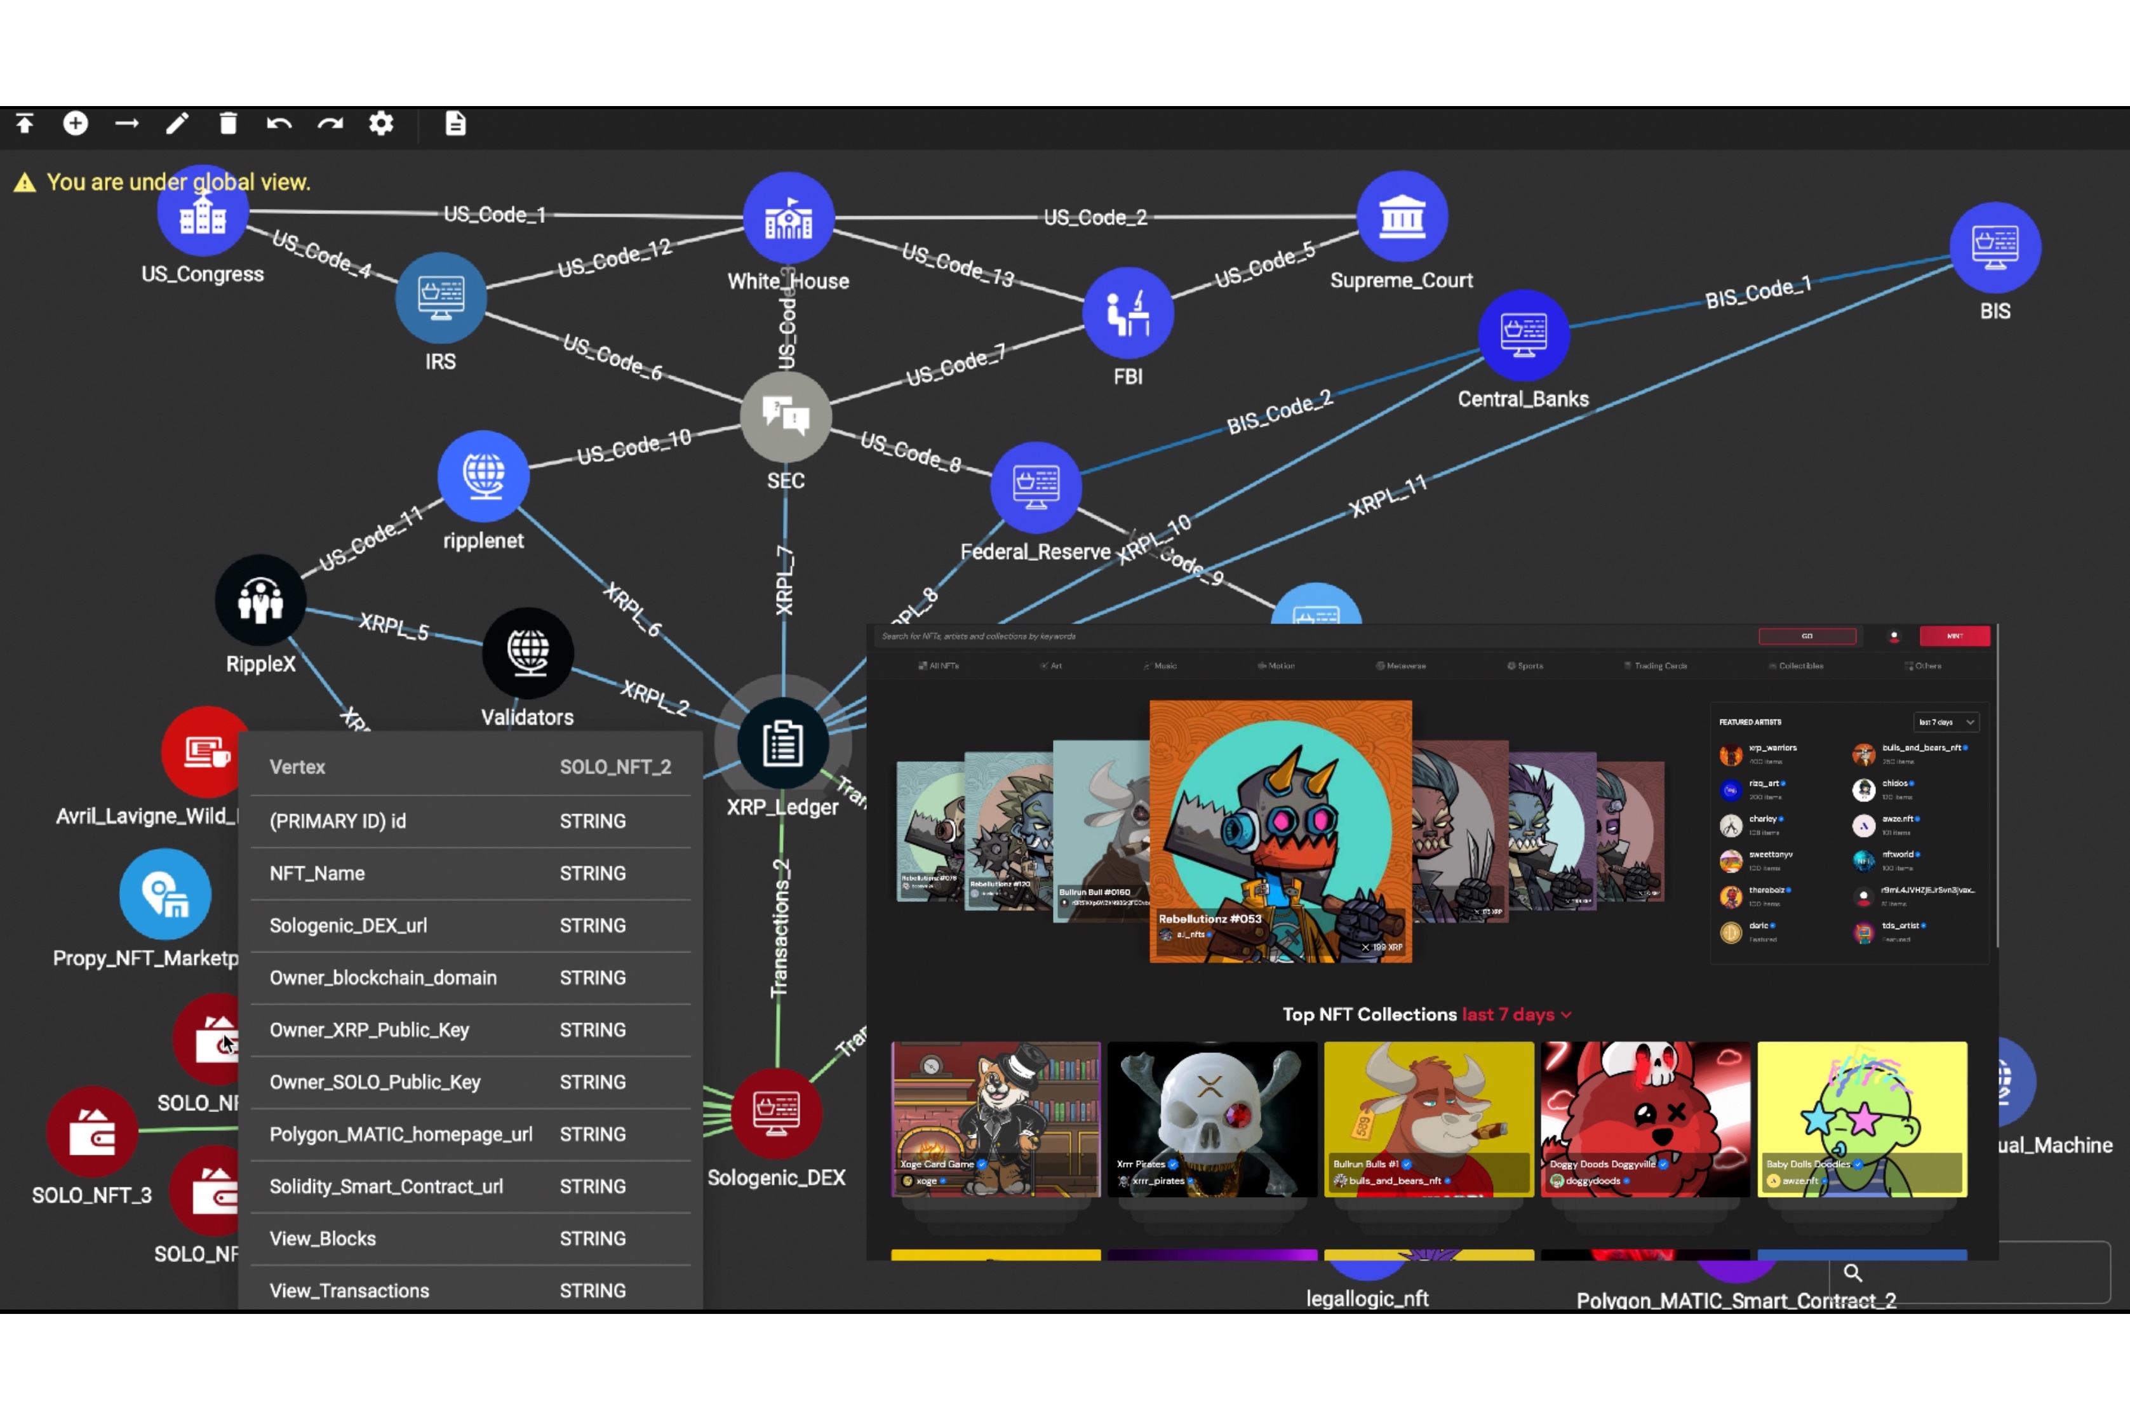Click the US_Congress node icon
point(202,214)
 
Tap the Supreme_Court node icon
point(1401,217)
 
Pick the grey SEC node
point(785,417)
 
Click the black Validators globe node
point(528,652)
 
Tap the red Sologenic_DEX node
point(776,1113)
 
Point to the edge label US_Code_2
point(1095,217)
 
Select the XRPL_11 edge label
point(1388,495)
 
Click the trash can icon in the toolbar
point(228,123)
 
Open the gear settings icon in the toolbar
point(381,123)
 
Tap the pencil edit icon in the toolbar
point(178,123)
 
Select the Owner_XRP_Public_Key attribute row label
point(368,1029)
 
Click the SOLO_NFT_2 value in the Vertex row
point(615,767)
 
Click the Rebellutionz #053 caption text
point(1210,918)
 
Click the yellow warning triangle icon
point(25,183)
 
